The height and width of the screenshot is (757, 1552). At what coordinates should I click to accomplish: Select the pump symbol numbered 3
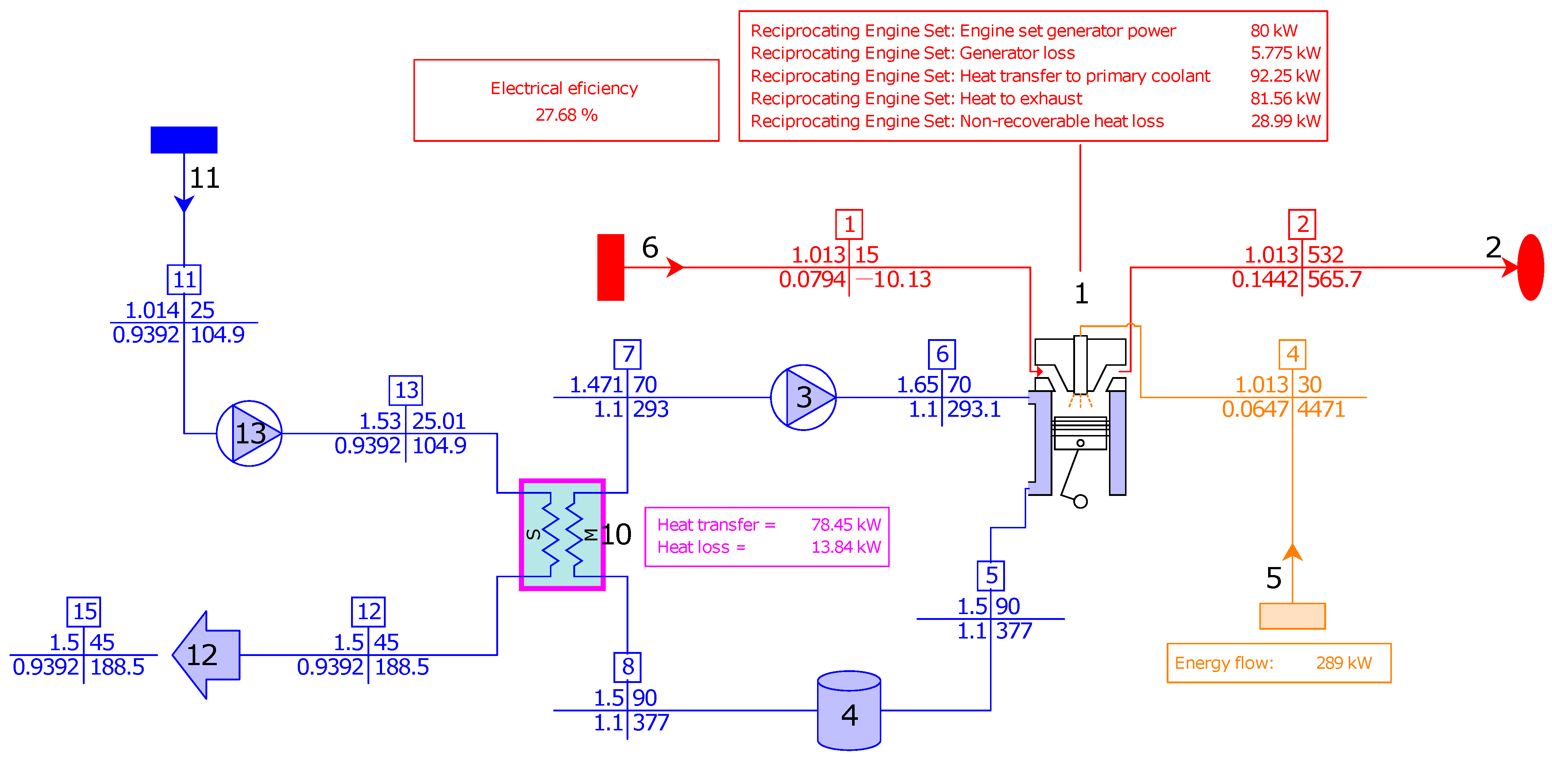(x=803, y=397)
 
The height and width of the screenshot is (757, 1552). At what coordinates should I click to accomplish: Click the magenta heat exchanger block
(x=562, y=534)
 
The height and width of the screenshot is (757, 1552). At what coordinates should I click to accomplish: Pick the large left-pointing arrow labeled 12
(x=206, y=655)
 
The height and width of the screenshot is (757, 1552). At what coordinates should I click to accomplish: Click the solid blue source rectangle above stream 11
(x=184, y=140)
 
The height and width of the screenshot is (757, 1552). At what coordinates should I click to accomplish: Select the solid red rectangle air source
(x=610, y=267)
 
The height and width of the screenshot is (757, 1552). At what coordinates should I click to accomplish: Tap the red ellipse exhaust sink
(x=1530, y=267)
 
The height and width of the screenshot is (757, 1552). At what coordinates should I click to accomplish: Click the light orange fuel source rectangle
(x=1292, y=616)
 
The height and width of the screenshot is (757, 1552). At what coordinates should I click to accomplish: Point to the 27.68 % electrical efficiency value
(x=566, y=115)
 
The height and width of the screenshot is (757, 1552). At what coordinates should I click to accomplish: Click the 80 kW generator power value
(x=1274, y=31)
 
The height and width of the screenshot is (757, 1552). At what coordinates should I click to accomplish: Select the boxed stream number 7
(x=627, y=354)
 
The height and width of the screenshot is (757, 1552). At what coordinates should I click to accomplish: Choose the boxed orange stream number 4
(x=1292, y=354)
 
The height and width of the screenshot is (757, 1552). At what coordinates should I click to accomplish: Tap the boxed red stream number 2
(x=1302, y=224)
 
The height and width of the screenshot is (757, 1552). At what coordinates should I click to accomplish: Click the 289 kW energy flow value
(x=1344, y=663)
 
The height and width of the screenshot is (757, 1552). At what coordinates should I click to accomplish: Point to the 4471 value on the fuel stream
(x=1321, y=409)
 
